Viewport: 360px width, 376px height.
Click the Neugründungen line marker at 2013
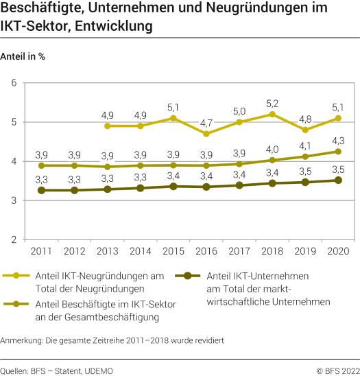[108, 126]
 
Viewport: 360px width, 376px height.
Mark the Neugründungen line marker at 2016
[207, 134]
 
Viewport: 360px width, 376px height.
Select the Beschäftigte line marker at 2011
[41, 165]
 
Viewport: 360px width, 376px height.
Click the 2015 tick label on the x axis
[173, 252]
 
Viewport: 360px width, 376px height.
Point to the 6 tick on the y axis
[13, 83]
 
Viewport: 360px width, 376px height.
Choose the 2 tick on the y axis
[13, 239]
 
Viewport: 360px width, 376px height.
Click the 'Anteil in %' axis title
[23, 56]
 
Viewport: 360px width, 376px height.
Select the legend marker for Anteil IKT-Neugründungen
[12, 275]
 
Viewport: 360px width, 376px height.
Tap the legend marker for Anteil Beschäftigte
[12, 304]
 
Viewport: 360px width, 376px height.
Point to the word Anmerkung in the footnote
[21, 340]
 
